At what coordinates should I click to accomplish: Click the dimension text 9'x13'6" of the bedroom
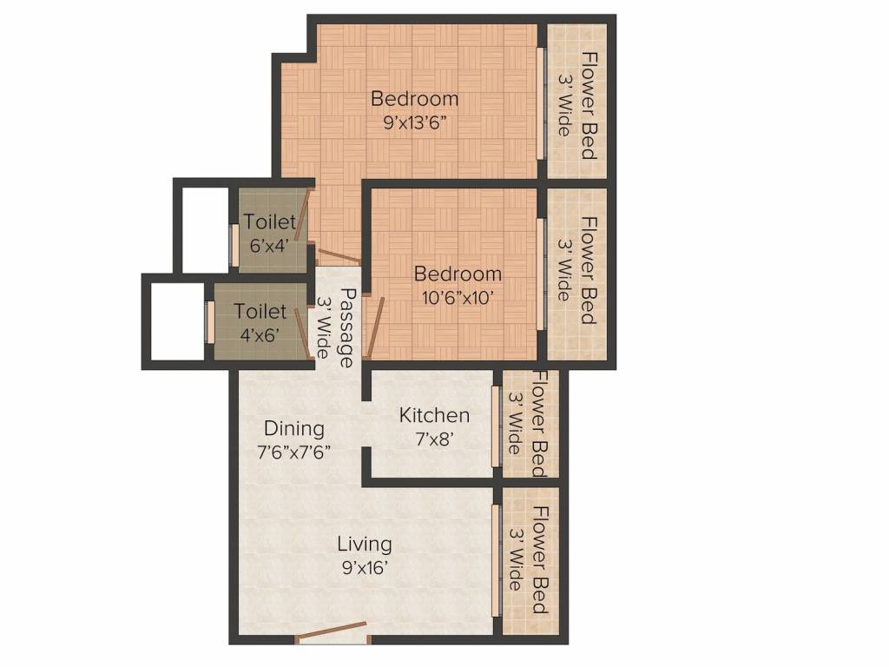(x=414, y=122)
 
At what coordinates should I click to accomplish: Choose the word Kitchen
(x=434, y=416)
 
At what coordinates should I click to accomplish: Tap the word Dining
(x=294, y=428)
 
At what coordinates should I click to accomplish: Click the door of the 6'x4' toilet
(x=300, y=219)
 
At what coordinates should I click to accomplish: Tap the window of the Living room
(x=496, y=560)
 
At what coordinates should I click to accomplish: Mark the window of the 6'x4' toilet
(x=234, y=244)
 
